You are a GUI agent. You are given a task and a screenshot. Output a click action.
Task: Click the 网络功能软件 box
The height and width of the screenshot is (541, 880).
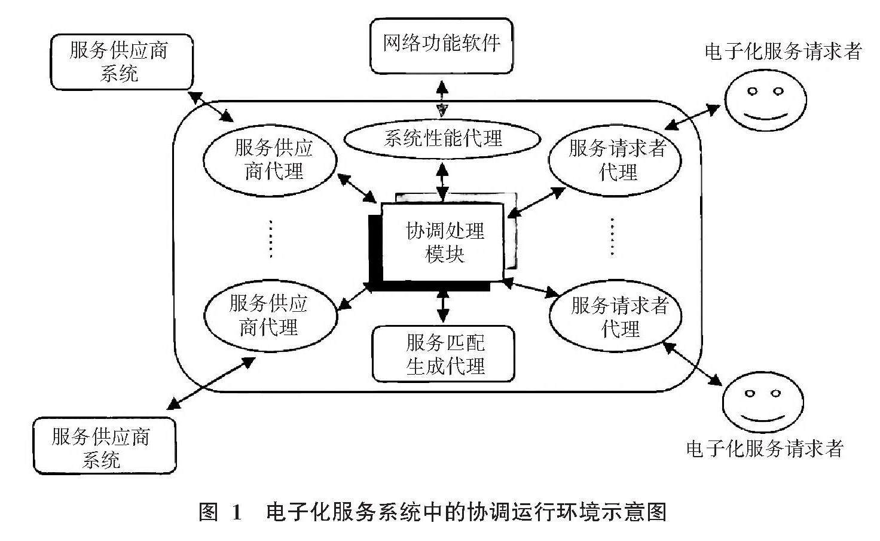click(x=441, y=45)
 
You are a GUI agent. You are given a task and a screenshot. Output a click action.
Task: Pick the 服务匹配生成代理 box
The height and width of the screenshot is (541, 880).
click(x=444, y=354)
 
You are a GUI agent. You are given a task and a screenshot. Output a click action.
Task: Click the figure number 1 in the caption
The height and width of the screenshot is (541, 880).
click(x=236, y=512)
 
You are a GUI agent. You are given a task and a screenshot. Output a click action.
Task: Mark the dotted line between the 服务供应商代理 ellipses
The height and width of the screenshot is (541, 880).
click(x=270, y=239)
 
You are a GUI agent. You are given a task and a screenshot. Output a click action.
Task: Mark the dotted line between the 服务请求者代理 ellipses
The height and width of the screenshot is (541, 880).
click(x=612, y=236)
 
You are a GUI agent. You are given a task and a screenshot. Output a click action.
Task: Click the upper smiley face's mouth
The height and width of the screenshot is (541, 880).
click(x=765, y=114)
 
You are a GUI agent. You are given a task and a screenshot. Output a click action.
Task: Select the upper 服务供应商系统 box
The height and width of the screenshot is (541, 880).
click(x=122, y=62)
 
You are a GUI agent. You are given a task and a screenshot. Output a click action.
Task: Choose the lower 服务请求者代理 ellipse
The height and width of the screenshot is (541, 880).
click(x=617, y=318)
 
